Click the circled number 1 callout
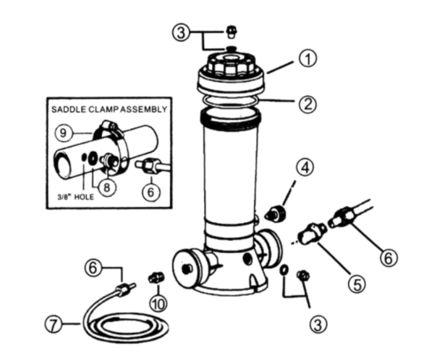pos(308,59)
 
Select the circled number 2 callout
pos(308,104)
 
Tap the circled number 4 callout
pos(305,167)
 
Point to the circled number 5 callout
pos(357,284)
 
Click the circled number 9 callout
pos(63,133)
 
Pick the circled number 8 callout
pos(107,187)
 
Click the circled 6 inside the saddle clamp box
pos(150,192)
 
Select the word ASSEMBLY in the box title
pos(144,109)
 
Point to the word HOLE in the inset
pos(84,197)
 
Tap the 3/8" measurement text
pos(64,197)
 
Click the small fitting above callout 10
pos(156,277)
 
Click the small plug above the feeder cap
pos(232,33)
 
